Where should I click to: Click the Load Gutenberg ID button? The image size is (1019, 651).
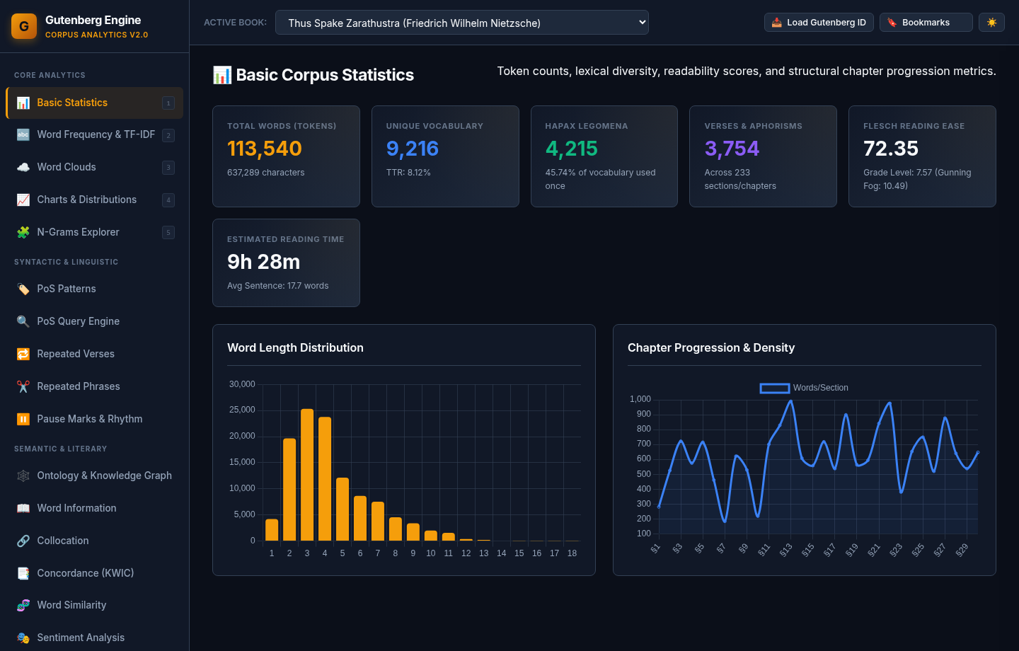pos(818,23)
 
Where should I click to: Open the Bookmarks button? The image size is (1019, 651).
pos(926,23)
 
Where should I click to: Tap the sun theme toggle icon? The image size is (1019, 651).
pos(991,23)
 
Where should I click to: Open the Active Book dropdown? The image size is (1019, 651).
pos(461,23)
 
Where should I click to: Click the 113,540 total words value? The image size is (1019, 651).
pos(265,149)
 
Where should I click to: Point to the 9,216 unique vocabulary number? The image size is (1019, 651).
pos(412,149)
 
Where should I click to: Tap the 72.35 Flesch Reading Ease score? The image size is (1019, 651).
pos(891,149)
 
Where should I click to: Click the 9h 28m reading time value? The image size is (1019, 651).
pos(263,262)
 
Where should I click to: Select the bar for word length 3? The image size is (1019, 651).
pos(307,475)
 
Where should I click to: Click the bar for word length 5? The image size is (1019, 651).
pos(342,509)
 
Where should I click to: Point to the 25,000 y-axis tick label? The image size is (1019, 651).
pos(242,410)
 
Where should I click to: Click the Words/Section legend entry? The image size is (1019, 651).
pos(804,388)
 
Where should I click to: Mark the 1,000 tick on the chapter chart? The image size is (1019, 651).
pos(640,399)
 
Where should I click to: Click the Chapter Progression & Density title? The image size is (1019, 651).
pos(711,347)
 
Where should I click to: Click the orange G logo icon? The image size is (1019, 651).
pos(24,26)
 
